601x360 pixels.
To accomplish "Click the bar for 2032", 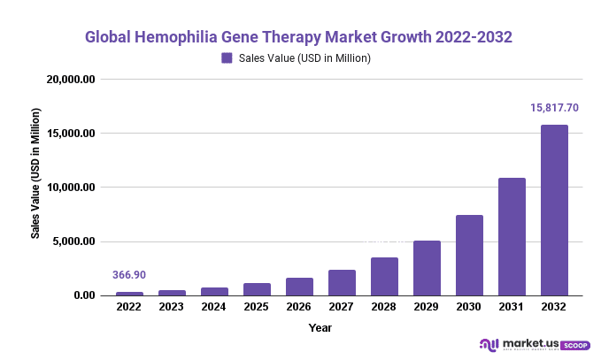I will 554,211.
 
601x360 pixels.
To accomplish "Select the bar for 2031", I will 512,237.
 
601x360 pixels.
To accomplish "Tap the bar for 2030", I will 469,256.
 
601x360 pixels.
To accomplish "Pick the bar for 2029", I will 427,268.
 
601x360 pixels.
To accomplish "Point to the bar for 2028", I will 384,277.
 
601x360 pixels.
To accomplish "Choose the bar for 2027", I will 342,283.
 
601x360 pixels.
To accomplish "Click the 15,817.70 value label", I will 554,108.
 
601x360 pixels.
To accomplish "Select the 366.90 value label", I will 129,275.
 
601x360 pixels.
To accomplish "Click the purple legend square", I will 227,58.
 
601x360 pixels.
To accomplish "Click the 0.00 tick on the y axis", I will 85,295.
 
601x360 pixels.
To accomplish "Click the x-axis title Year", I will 320,327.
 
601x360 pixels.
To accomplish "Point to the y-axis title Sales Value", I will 35,173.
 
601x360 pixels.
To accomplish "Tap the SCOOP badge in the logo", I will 574,345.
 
